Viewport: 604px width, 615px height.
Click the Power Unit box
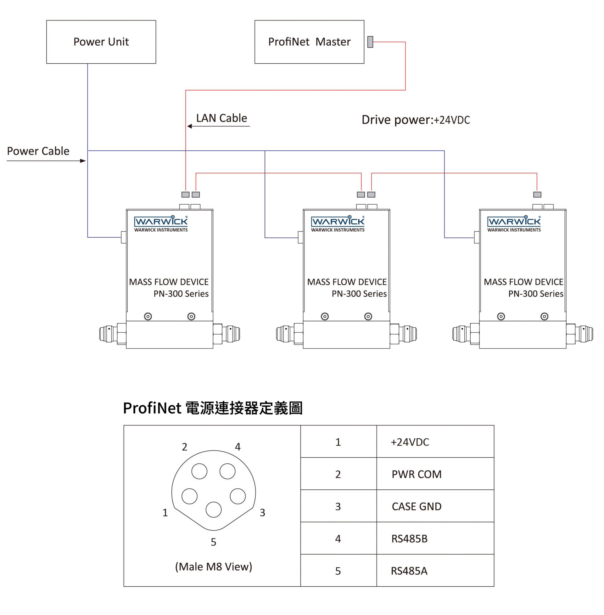[101, 42]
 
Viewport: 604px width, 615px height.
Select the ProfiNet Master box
[309, 42]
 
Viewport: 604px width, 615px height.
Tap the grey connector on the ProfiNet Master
[370, 42]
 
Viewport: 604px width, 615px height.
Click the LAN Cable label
[221, 118]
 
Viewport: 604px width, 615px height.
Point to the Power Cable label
[38, 151]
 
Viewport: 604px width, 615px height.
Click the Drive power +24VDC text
[416, 120]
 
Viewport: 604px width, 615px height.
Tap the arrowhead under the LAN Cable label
[190, 126]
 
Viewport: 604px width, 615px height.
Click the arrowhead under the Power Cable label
[83, 161]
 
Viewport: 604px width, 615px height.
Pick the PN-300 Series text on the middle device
[359, 294]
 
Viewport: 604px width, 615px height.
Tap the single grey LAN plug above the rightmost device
[537, 195]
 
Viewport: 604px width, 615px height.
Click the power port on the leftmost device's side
[124, 237]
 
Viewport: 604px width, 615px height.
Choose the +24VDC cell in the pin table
[410, 442]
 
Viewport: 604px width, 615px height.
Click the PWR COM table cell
[417, 474]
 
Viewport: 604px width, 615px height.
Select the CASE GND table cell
[417, 506]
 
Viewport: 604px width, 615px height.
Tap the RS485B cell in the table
[410, 539]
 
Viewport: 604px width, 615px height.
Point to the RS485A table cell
[409, 571]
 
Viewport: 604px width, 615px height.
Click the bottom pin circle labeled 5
[214, 510]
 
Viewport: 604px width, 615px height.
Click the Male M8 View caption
[214, 567]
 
